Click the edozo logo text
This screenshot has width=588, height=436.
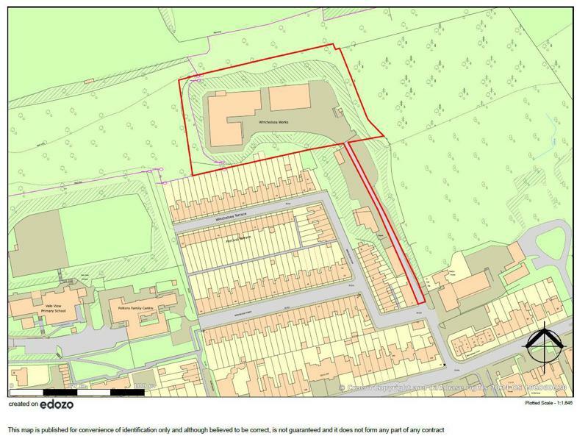coord(57,404)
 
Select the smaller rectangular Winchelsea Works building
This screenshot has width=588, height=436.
coord(289,99)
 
